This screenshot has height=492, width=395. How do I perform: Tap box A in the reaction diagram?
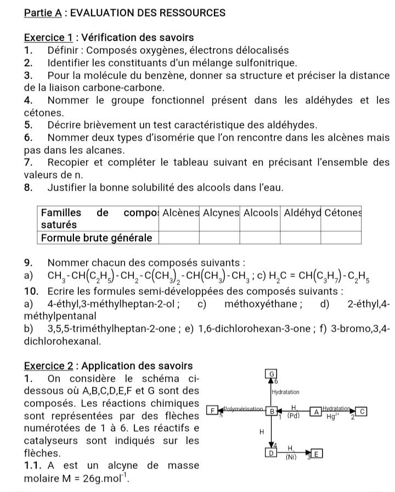[x=317, y=411]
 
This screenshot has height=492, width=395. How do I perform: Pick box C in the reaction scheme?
[x=362, y=411]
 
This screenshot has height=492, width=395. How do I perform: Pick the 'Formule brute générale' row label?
[x=97, y=237]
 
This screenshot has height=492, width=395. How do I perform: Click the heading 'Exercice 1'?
[x=48, y=38]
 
